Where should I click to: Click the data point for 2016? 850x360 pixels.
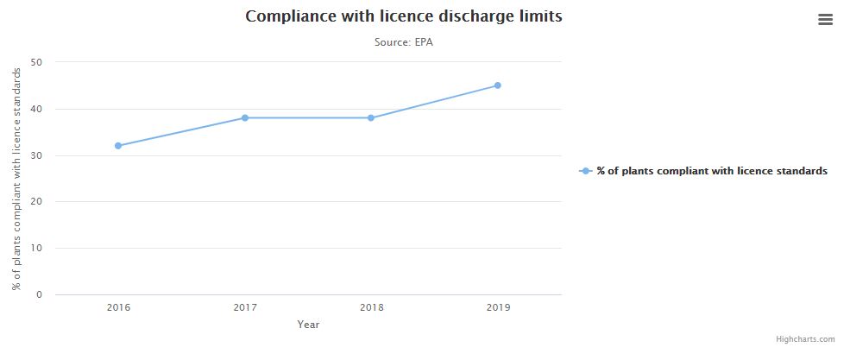118,146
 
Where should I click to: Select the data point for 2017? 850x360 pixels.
245,117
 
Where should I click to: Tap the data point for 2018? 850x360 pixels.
371,117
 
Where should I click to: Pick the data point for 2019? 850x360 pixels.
498,85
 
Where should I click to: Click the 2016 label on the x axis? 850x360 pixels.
118,307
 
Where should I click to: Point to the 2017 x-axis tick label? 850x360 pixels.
245,307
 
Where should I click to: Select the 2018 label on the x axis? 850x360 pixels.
371,307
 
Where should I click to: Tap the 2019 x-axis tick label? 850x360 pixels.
498,307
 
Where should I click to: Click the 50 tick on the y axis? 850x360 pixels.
36,62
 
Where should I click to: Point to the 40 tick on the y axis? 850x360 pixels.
36,109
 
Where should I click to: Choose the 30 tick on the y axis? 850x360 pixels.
36,155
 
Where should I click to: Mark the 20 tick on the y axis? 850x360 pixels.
36,202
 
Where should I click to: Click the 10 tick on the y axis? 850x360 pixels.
36,249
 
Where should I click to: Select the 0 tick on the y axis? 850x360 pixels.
39,295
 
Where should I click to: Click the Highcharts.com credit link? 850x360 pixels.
805,340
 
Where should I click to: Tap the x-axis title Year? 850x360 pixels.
308,325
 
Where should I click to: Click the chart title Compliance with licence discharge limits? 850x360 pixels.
403,16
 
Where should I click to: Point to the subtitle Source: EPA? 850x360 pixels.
403,41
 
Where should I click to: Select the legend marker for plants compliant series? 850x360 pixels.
586,171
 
